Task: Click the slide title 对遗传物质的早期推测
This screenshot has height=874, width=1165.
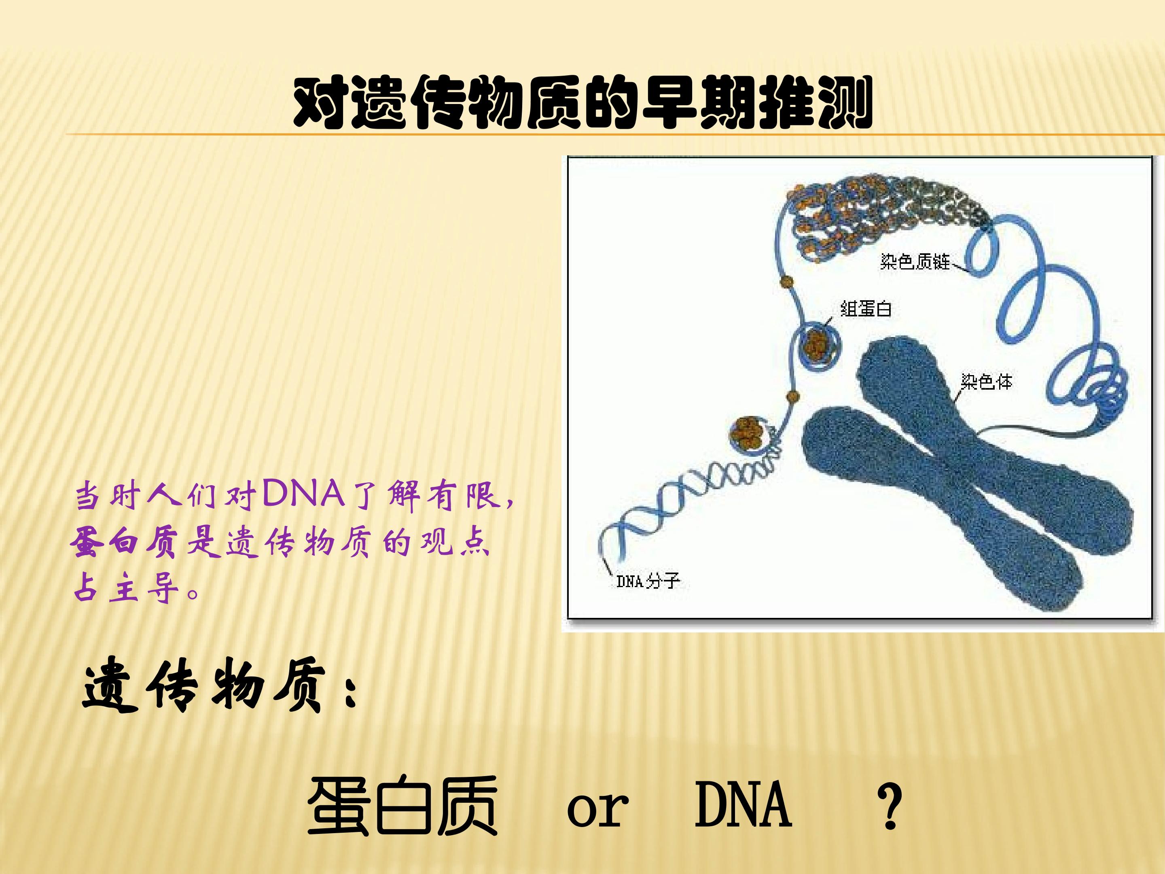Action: (582, 103)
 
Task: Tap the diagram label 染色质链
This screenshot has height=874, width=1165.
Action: (915, 262)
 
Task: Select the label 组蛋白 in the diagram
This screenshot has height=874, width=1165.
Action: (866, 308)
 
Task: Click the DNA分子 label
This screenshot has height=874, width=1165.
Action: (648, 581)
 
